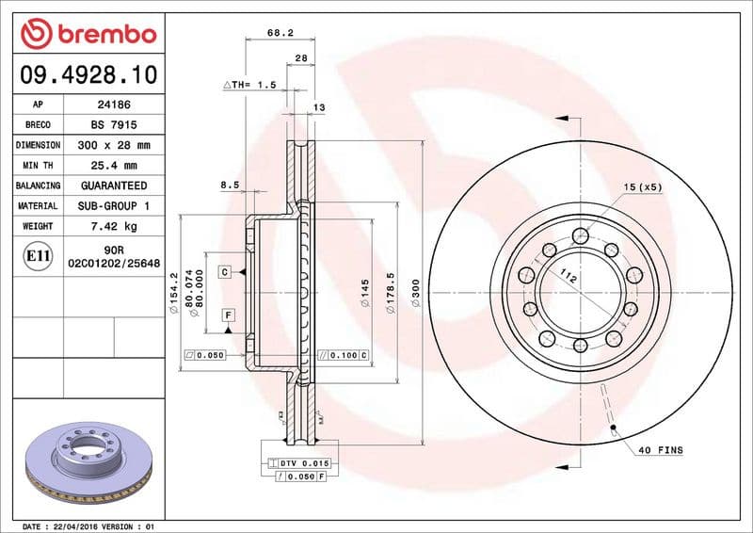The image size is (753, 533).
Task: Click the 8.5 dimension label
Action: click(x=229, y=186)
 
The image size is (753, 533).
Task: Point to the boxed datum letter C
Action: click(x=226, y=272)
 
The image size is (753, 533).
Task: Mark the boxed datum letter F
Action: click(x=228, y=313)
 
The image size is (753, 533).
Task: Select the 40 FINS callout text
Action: click(x=659, y=451)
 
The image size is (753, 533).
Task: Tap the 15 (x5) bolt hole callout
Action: click(x=643, y=186)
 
